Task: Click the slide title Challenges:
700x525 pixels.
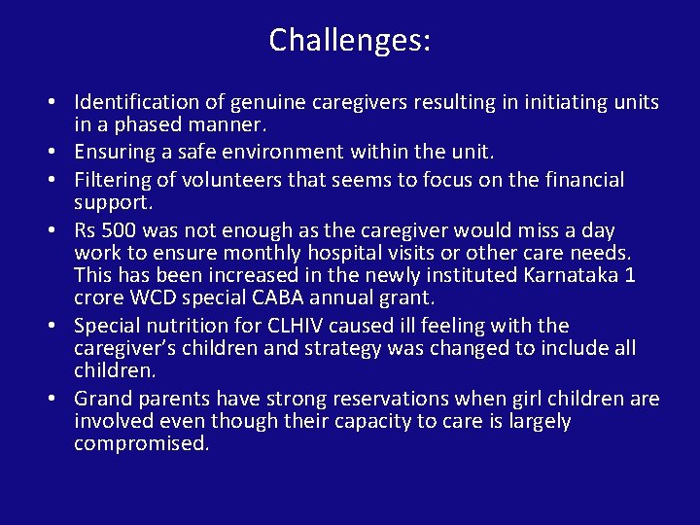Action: point(350,41)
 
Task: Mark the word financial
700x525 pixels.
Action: point(579,180)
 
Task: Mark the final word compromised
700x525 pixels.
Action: point(141,444)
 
